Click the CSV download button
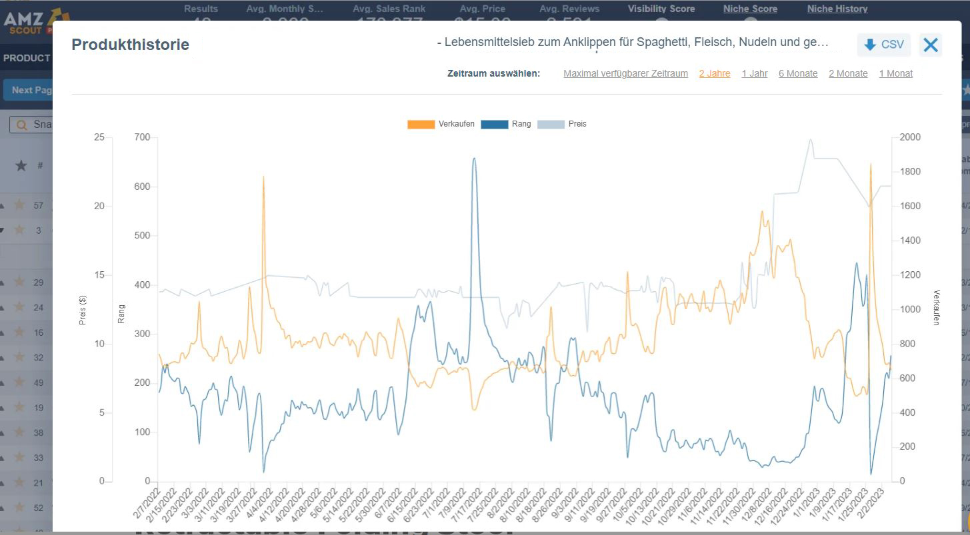click(x=883, y=45)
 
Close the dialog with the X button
click(x=930, y=45)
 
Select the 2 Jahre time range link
click(x=714, y=73)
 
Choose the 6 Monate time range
click(x=797, y=73)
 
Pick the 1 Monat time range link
click(x=895, y=73)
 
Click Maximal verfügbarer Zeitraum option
click(x=625, y=73)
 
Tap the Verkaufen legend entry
click(x=441, y=124)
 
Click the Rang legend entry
click(x=506, y=124)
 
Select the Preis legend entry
click(x=562, y=124)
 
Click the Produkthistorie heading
click(x=130, y=45)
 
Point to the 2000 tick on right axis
click(x=910, y=137)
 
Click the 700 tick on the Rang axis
click(x=143, y=137)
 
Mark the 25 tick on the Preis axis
click(x=99, y=137)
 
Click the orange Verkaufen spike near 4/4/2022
click(x=263, y=177)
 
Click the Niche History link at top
click(x=837, y=9)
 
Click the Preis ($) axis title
click(x=83, y=310)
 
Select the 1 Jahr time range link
click(x=754, y=73)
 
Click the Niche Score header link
click(x=750, y=9)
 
